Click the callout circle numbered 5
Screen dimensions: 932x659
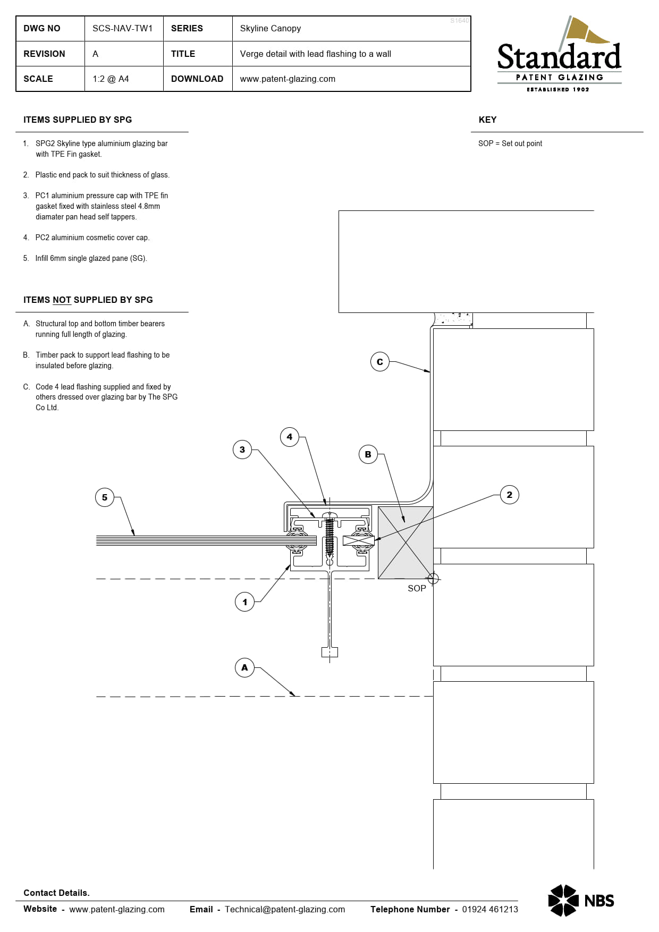[x=105, y=497]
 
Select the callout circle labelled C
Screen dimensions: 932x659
[x=380, y=362]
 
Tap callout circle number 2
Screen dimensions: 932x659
[x=510, y=495]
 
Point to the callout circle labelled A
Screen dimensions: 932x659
[x=244, y=667]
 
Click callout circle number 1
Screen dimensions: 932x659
[x=244, y=602]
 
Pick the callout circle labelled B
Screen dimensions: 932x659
[x=368, y=454]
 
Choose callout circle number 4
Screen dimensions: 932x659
[x=290, y=437]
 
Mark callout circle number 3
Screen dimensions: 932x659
[x=242, y=450]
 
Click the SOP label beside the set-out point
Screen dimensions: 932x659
[x=417, y=588]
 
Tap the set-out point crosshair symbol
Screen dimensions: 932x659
[x=433, y=578]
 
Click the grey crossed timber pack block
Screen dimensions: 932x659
[x=405, y=543]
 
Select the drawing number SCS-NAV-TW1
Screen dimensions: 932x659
[x=122, y=28]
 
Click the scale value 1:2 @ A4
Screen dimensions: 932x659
[x=111, y=79]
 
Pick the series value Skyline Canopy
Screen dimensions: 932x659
[x=270, y=28]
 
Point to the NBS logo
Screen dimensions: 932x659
[x=581, y=900]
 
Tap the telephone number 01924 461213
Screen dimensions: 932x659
[x=489, y=909]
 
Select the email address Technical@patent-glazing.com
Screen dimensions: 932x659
[x=284, y=909]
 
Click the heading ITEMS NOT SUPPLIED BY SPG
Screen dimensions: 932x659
[x=88, y=300]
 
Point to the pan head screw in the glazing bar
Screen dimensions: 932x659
[x=329, y=534]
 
